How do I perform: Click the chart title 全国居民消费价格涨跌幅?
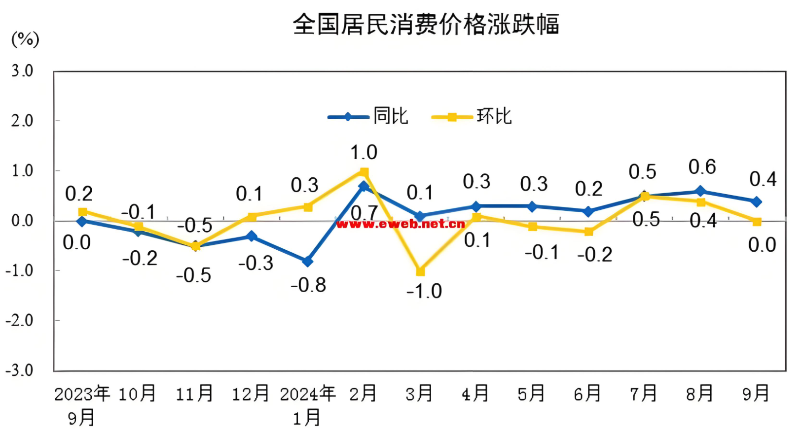(426, 25)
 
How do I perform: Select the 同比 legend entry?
(368, 117)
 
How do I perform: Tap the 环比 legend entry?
(472, 117)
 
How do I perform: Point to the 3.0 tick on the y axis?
(22, 71)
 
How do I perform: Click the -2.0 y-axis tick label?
(19, 321)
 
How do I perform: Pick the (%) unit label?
(25, 39)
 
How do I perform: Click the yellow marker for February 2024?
(364, 172)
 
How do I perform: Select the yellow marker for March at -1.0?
(420, 271)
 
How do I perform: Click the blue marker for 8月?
(700, 191)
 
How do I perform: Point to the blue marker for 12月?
(252, 236)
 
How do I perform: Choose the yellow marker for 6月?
(588, 232)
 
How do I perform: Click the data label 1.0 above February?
(364, 153)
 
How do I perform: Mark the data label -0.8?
(309, 285)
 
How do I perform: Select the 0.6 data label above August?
(702, 167)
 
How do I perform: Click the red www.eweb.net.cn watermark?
(401, 225)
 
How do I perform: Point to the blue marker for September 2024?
(756, 202)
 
